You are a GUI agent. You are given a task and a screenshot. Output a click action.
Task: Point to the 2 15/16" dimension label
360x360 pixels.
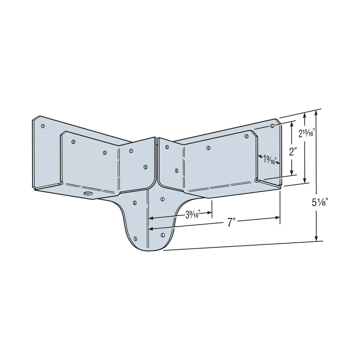(x=306, y=133)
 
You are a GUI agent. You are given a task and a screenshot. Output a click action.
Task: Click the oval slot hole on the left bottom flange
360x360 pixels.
(x=88, y=194)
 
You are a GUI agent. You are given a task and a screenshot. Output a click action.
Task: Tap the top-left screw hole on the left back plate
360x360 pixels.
(x=43, y=126)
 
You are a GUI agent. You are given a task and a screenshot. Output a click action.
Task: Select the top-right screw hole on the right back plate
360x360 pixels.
(x=272, y=126)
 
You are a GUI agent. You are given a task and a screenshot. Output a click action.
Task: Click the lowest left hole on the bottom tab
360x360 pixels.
(x=136, y=238)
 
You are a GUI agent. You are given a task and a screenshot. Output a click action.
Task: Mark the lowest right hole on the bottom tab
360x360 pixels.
(x=162, y=235)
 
